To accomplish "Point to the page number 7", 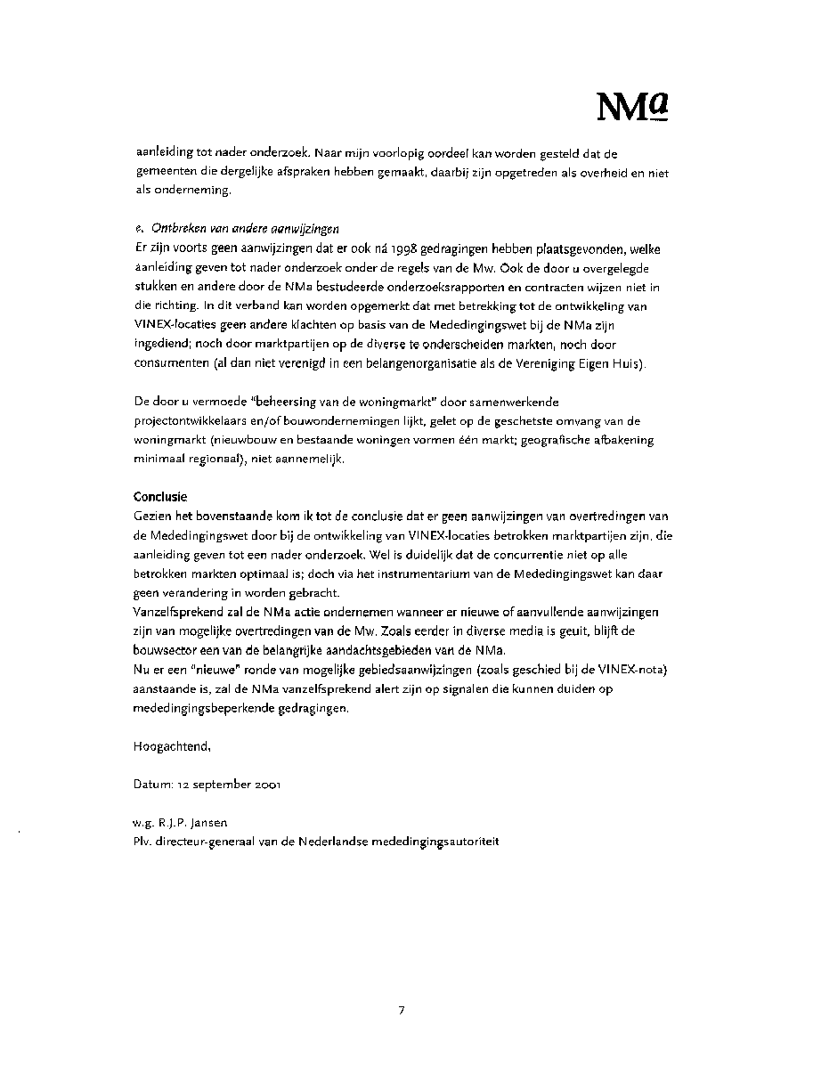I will tap(402, 1010).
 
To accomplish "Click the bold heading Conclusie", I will tap(161, 496).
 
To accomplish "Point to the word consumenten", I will tap(170, 363).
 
